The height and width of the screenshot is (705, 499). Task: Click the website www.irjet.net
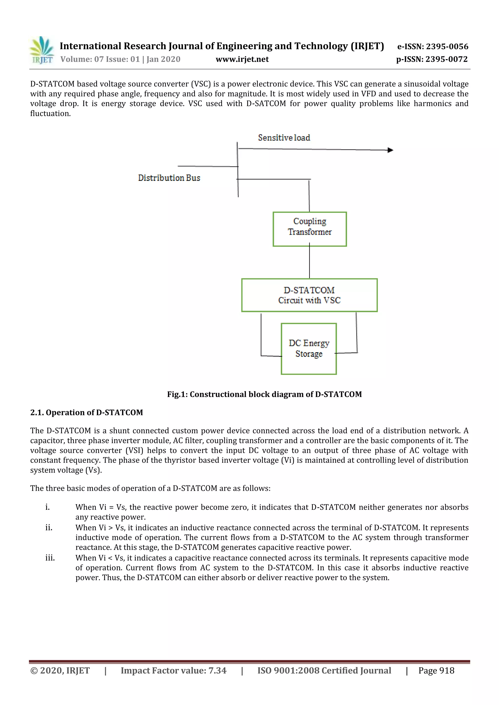click(242, 59)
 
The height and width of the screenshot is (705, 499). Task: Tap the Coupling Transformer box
click(309, 229)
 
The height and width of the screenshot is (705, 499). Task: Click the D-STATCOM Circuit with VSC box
click(309, 295)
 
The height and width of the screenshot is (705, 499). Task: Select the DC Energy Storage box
click(308, 349)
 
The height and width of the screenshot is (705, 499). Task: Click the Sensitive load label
click(284, 138)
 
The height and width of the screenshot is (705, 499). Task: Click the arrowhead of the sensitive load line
click(390, 150)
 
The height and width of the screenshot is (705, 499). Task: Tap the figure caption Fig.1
click(264, 394)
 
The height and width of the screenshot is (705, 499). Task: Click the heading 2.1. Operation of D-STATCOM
click(87, 412)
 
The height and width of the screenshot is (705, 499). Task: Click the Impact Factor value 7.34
click(217, 671)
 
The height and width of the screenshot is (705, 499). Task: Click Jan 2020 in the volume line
click(163, 59)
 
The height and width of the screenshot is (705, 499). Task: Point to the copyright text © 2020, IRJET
click(60, 671)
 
